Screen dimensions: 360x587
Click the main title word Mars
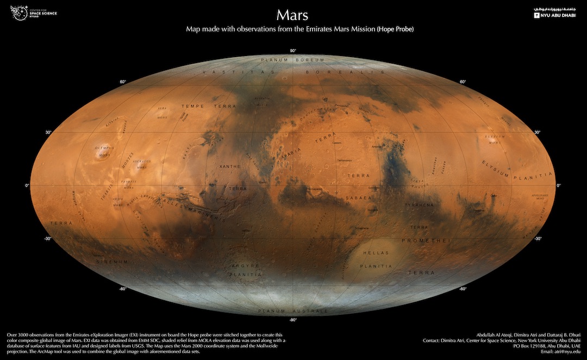pos(293,15)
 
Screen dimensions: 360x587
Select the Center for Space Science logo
pos(33,13)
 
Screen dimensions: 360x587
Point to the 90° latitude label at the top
pos(293,51)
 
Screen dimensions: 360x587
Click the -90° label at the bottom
pos(293,320)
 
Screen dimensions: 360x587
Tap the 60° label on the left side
pos(123,82)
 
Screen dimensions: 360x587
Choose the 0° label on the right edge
pos(559,185)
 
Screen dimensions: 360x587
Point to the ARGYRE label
pos(246,265)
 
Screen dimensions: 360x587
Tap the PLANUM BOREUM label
pos(292,60)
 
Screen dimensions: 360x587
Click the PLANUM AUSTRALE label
pos(293,311)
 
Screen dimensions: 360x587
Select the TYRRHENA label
pos(419,205)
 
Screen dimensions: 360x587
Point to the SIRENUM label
pos(113,262)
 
